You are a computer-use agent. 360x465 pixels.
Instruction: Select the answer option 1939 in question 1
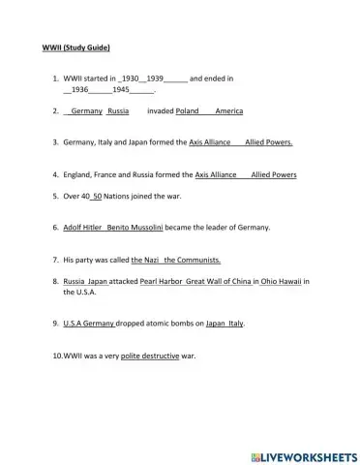point(151,77)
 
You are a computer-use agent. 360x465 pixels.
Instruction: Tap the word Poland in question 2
point(187,111)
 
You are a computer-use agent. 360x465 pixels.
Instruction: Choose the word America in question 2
point(229,111)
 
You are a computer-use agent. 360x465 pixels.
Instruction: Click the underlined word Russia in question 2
point(118,111)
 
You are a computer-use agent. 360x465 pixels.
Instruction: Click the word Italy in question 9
point(228,324)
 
